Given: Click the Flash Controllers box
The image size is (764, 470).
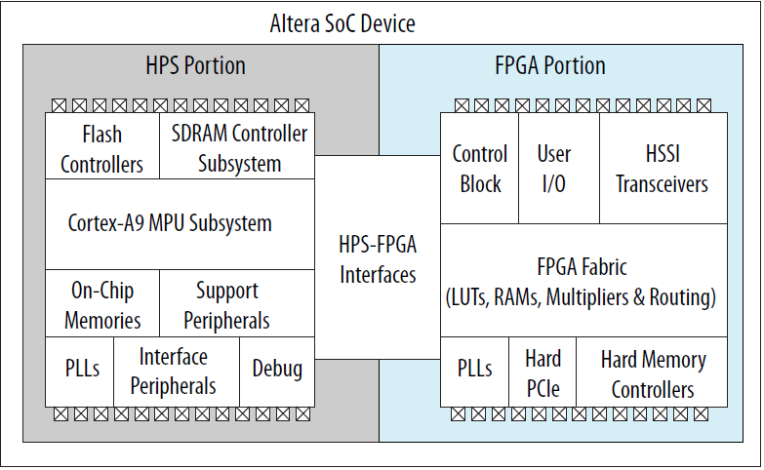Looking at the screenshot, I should (101, 147).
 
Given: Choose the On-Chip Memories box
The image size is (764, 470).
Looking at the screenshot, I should (101, 304).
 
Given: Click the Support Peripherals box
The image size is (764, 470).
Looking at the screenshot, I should (227, 304).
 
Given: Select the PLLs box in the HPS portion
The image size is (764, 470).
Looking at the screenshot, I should (79, 370).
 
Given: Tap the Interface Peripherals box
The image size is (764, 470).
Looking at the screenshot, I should (177, 371).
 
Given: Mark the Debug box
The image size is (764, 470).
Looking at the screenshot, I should (277, 370).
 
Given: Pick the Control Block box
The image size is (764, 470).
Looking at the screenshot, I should (479, 168).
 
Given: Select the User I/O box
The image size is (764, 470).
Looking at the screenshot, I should (553, 168).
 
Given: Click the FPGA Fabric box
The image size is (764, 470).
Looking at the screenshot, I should (582, 281).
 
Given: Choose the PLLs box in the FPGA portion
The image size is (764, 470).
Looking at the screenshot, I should (475, 371).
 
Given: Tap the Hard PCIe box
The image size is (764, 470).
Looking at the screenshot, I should (543, 372).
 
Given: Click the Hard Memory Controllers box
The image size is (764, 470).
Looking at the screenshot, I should (652, 372).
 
